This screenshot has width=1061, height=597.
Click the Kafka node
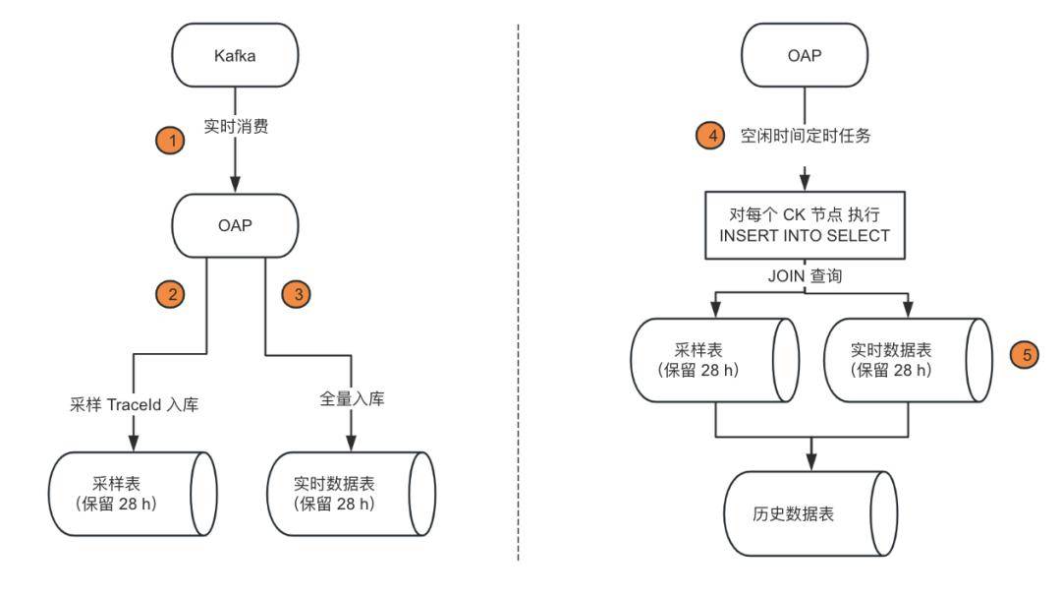click(235, 56)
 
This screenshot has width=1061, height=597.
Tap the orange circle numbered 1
click(172, 141)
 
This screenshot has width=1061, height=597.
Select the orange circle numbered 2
click(172, 292)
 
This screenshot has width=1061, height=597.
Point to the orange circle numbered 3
click(296, 292)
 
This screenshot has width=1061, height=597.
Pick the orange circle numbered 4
click(710, 136)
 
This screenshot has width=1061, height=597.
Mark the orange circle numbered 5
click(1028, 355)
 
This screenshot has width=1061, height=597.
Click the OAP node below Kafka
click(235, 225)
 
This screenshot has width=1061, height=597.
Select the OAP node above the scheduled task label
click(805, 56)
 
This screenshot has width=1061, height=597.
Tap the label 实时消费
click(235, 126)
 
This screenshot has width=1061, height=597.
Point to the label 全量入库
click(352, 399)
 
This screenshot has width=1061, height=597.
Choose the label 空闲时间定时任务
click(806, 136)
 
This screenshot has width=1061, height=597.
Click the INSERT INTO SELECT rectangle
click(805, 226)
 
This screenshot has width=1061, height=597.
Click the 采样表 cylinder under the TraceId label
click(134, 494)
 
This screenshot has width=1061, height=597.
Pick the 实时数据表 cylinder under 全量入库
click(351, 494)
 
